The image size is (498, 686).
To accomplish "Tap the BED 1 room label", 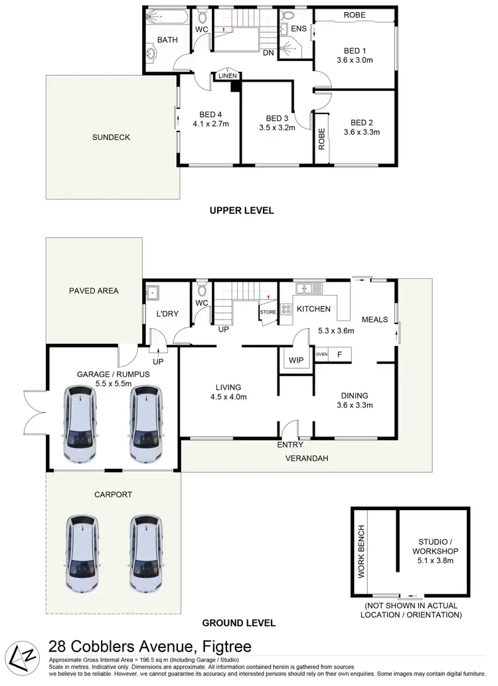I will tap(355, 51).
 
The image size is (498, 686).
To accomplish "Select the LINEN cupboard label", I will tap(226, 77).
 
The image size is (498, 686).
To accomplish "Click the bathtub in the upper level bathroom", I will tap(167, 17).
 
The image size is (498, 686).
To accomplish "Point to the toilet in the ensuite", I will tap(288, 16).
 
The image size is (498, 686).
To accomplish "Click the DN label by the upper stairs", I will tap(268, 52).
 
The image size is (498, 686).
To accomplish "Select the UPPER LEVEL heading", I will tap(241, 211).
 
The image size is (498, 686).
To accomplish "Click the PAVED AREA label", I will tap(94, 290).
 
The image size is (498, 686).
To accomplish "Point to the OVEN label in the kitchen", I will tap(321, 354).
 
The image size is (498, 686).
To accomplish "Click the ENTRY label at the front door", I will tap(291, 445).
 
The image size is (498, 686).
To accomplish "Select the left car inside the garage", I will tap(79, 425).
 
